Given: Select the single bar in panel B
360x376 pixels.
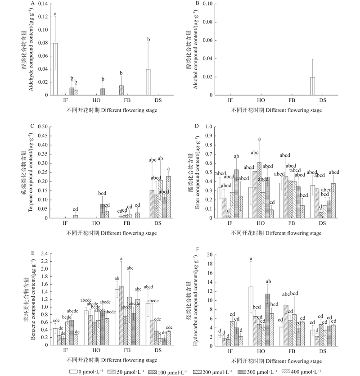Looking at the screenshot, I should tap(313, 86).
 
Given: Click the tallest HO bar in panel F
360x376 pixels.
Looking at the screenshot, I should tap(251, 316).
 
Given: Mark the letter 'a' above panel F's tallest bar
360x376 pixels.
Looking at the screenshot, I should tap(251, 258).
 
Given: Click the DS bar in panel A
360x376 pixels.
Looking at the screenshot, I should tap(148, 82).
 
